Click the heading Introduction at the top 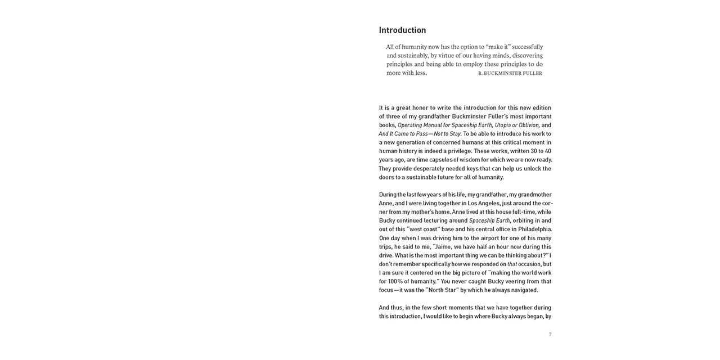402,30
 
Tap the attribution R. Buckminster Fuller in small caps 510,73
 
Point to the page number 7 550,334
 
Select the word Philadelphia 534,229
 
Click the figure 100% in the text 390,281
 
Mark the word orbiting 526,220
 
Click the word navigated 523,290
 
